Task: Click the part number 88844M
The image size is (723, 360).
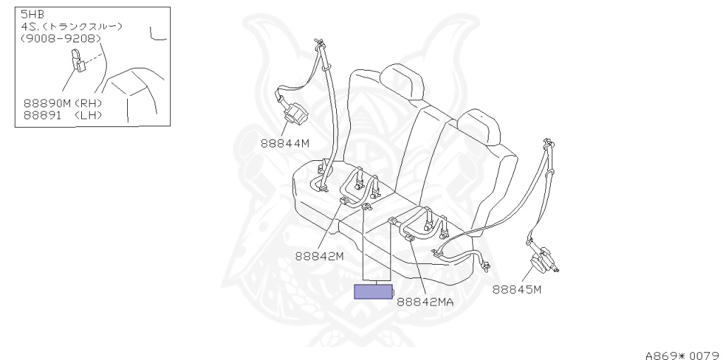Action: tap(285, 143)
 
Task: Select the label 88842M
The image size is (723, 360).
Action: tap(319, 256)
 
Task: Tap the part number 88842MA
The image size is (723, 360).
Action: tap(424, 301)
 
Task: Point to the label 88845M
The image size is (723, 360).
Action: tap(517, 288)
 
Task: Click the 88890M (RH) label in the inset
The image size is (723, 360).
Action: tap(63, 102)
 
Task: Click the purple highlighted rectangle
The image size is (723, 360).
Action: tap(373, 292)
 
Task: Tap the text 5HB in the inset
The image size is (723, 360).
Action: tap(32, 14)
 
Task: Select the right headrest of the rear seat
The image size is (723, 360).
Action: tap(479, 126)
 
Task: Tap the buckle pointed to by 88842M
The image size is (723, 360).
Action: tap(345, 202)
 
